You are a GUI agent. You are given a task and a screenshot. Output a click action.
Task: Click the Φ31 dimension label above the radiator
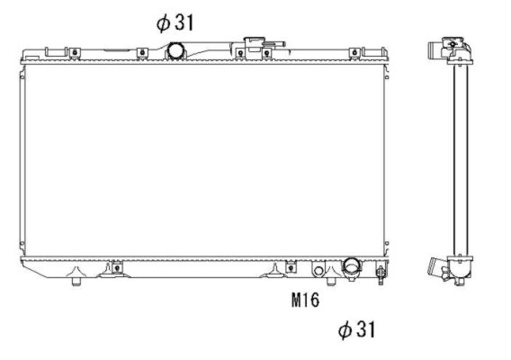pyautogui.click(x=175, y=23)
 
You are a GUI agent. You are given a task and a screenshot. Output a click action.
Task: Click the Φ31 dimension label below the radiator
pyautogui.click(x=355, y=330)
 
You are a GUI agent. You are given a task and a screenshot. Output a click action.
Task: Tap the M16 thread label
pyautogui.click(x=306, y=301)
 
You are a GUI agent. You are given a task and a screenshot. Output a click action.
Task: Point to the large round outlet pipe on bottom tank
pyautogui.click(x=350, y=267)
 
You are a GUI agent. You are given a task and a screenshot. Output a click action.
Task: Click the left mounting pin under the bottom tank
pyautogui.click(x=76, y=283)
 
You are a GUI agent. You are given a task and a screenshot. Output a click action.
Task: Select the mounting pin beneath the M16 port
pyautogui.click(x=331, y=283)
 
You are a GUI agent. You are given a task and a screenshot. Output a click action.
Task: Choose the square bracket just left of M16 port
pyautogui.click(x=291, y=266)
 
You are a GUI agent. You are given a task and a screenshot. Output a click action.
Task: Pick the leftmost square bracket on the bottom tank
pyautogui.click(x=115, y=266)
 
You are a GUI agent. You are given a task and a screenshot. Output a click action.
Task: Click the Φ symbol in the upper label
pyautogui.click(x=163, y=23)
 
